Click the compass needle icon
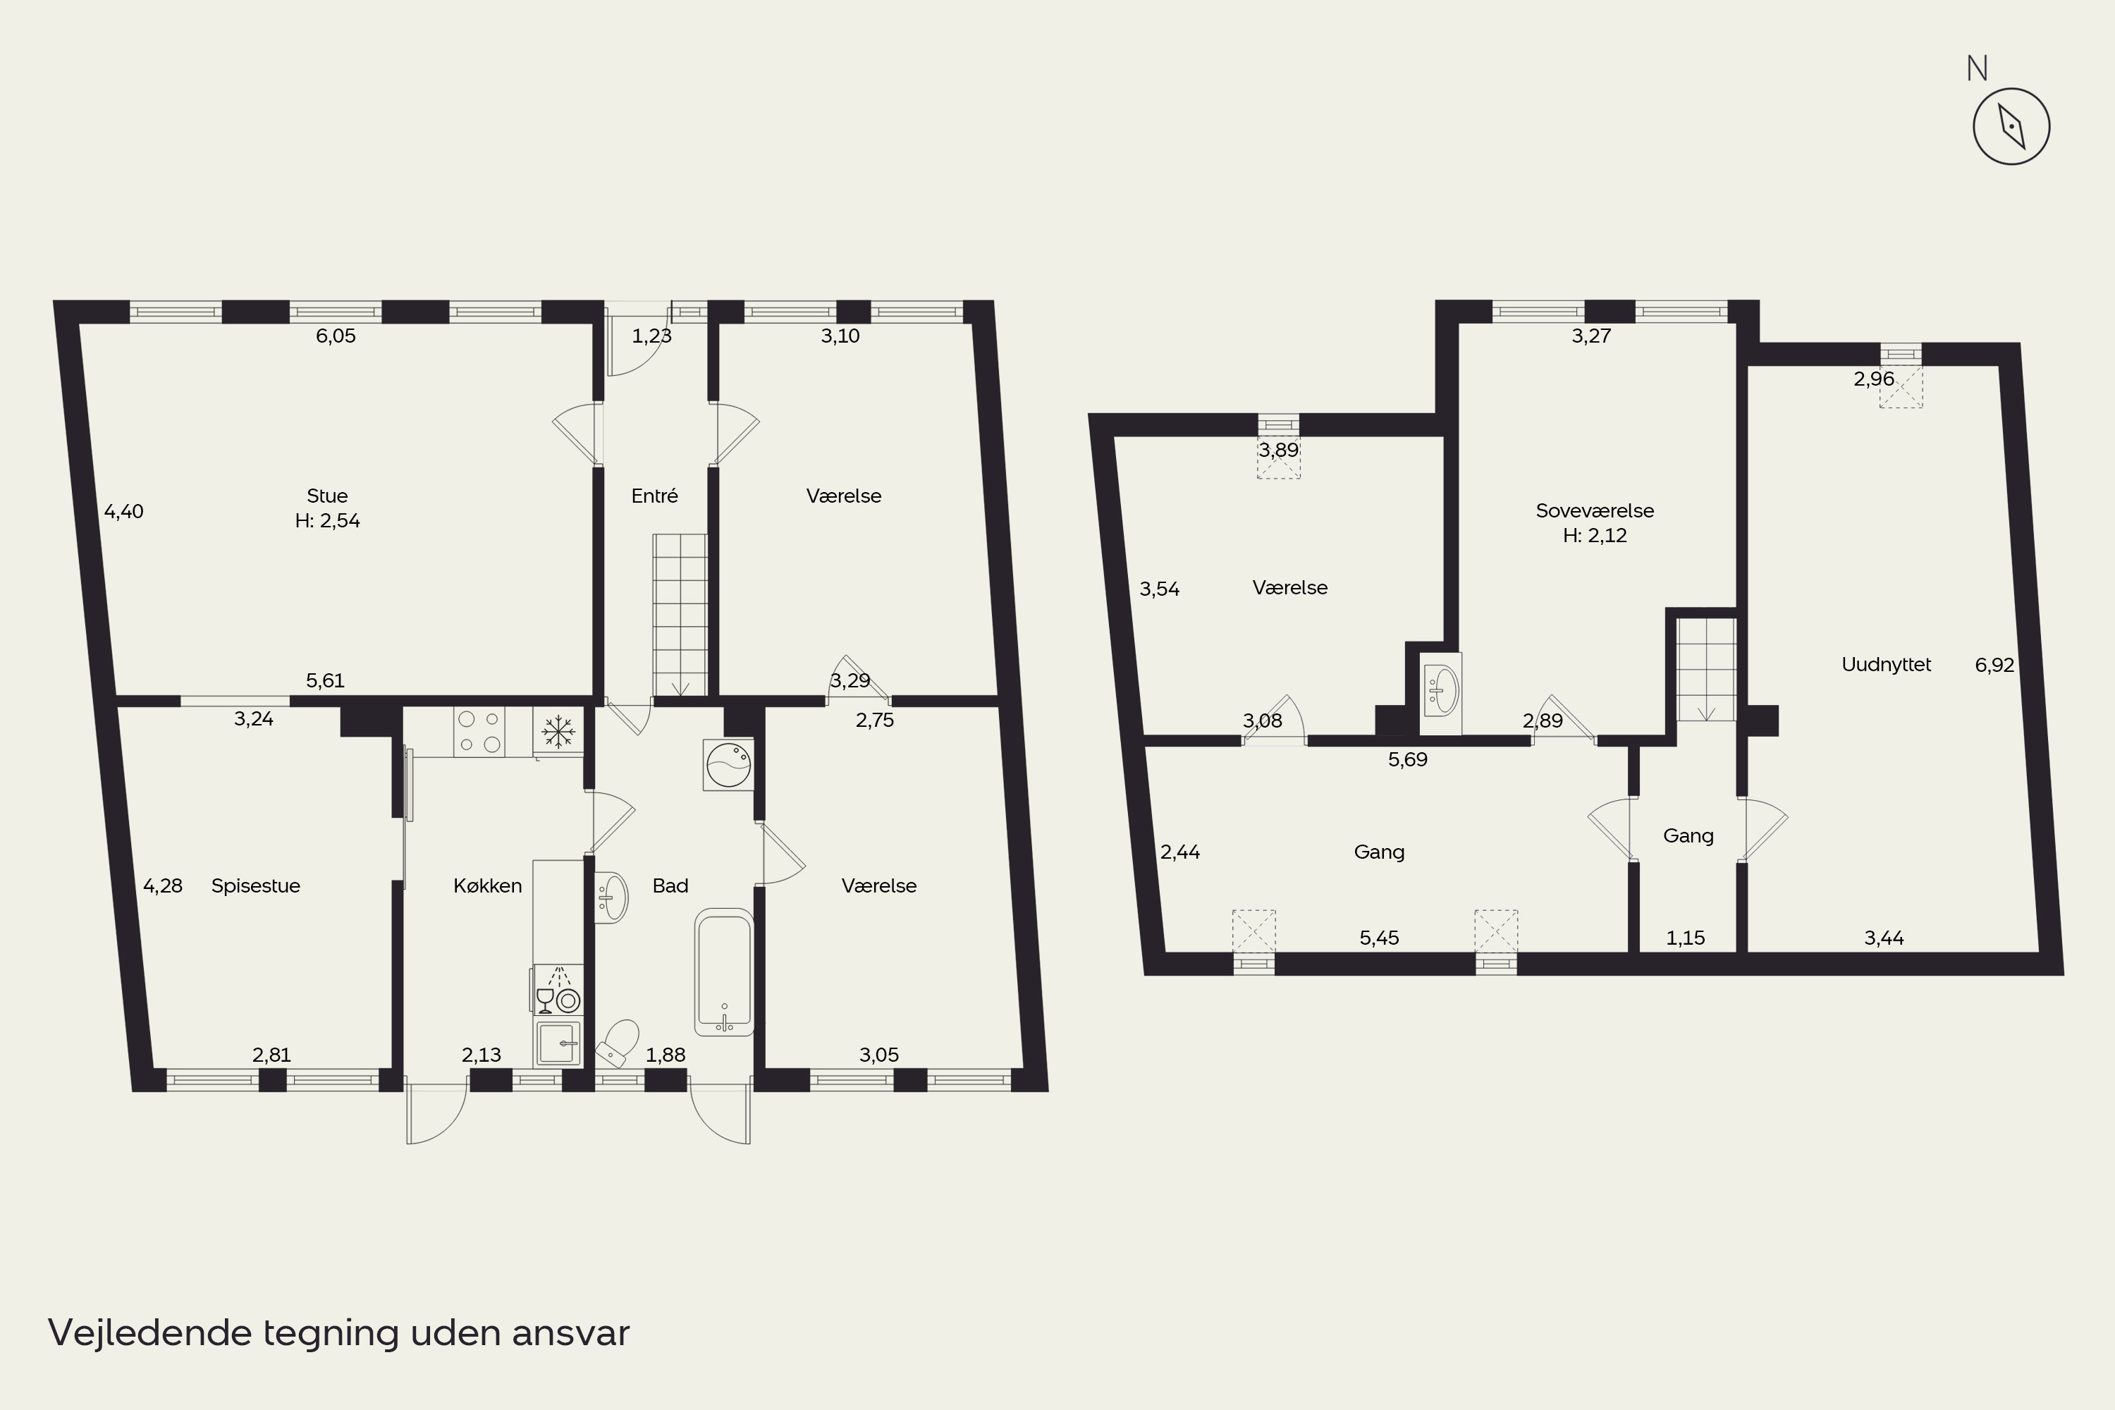tap(2011, 126)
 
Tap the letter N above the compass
tap(1978, 68)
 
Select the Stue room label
tap(327, 496)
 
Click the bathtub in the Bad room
tap(724, 971)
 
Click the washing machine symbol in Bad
tap(728, 764)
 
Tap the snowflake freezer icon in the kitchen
tap(558, 732)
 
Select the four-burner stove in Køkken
tap(479, 732)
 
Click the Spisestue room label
tap(255, 885)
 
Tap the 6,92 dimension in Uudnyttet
tap(1994, 666)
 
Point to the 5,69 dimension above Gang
tap(1407, 760)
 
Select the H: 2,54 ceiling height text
tap(327, 521)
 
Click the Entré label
tap(655, 496)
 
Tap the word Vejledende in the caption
tap(150, 1332)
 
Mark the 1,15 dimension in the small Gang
tap(1685, 938)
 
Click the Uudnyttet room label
tap(1887, 665)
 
